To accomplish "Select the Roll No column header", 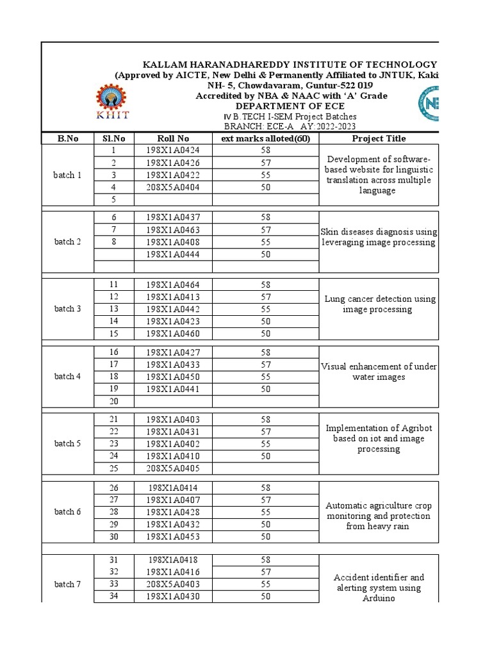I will (173, 138).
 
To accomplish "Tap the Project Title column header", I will (379, 138).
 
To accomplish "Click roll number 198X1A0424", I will (173, 151).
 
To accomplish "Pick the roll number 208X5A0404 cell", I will (173, 187).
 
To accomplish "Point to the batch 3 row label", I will (68, 309).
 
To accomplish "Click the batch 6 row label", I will (68, 512).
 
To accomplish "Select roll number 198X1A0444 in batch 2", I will (173, 254).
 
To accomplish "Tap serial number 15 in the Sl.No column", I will (114, 333).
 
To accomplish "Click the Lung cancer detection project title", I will (380, 304).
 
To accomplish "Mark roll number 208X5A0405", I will (173, 468).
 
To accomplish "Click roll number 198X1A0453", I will (173, 536).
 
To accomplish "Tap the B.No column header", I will (68, 138).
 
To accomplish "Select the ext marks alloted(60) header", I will (266, 138).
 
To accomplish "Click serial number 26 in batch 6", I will (114, 488).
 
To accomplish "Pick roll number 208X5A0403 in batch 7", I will (173, 584).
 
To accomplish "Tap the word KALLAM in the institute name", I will (165, 65).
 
